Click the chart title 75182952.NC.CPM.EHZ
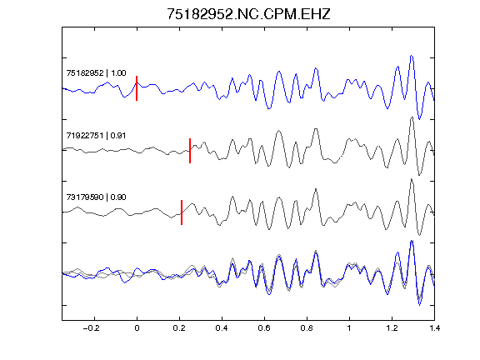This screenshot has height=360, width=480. pyautogui.click(x=248, y=14)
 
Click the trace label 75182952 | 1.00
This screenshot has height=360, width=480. pyautogui.click(x=96, y=72)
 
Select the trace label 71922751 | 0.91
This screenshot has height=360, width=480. pyautogui.click(x=96, y=135)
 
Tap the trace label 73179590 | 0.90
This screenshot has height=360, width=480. pyautogui.click(x=96, y=197)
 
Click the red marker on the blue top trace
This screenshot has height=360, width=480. pyautogui.click(x=137, y=88)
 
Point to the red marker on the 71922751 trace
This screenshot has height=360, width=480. pyautogui.click(x=190, y=151)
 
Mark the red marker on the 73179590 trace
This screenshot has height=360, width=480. pyautogui.click(x=182, y=212)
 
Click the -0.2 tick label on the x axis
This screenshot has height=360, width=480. pyautogui.click(x=91, y=328)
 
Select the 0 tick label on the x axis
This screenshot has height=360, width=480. pyautogui.click(x=137, y=328)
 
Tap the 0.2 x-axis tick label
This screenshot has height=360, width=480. pyautogui.click(x=179, y=328)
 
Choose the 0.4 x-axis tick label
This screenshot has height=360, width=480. pyautogui.click(x=222, y=328)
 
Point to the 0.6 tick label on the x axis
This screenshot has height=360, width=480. pyautogui.click(x=264, y=328)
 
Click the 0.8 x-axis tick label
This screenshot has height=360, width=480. pyautogui.click(x=307, y=328)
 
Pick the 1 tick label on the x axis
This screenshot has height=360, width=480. pyautogui.click(x=349, y=328)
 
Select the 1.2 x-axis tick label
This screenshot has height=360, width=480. pyautogui.click(x=392, y=328)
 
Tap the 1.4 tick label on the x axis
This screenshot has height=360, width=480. pyautogui.click(x=434, y=328)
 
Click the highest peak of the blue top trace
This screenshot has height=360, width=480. pyautogui.click(x=412, y=56)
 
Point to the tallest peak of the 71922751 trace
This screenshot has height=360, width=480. pyautogui.click(x=412, y=117)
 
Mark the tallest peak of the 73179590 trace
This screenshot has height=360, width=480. pyautogui.click(x=412, y=179)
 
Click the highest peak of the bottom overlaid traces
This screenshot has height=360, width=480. pyautogui.click(x=412, y=241)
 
